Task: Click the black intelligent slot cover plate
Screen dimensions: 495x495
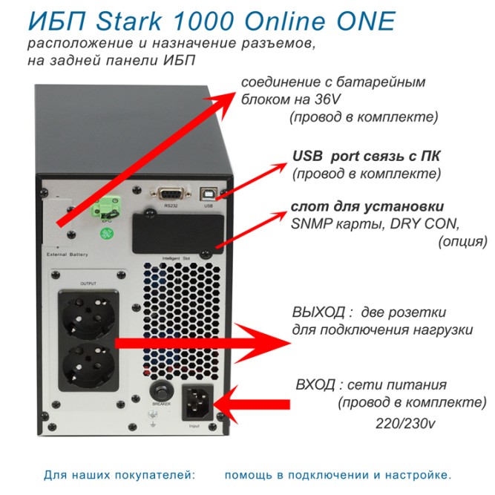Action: pos(177,232)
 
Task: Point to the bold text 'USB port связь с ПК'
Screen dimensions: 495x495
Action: pos(366,157)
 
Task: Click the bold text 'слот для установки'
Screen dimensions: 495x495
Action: pos(367,206)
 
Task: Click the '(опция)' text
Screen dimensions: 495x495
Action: pos(463,242)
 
